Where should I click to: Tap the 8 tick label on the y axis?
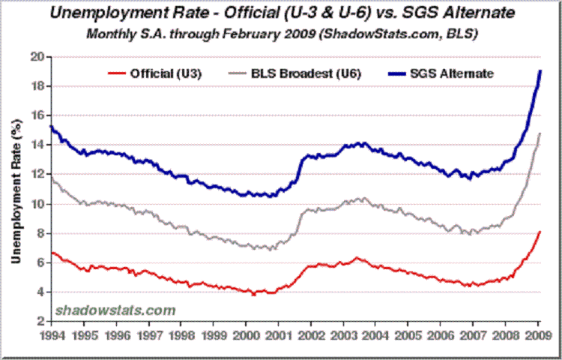[x=41, y=233]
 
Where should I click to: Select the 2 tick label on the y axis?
[x=41, y=322]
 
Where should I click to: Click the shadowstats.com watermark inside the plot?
[x=114, y=310]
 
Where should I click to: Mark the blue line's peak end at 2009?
[x=540, y=71]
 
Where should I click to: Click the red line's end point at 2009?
[x=540, y=232]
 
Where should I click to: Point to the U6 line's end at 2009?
[x=540, y=133]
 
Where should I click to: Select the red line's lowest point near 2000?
[x=253, y=294]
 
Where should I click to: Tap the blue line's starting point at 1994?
[x=50, y=126]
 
